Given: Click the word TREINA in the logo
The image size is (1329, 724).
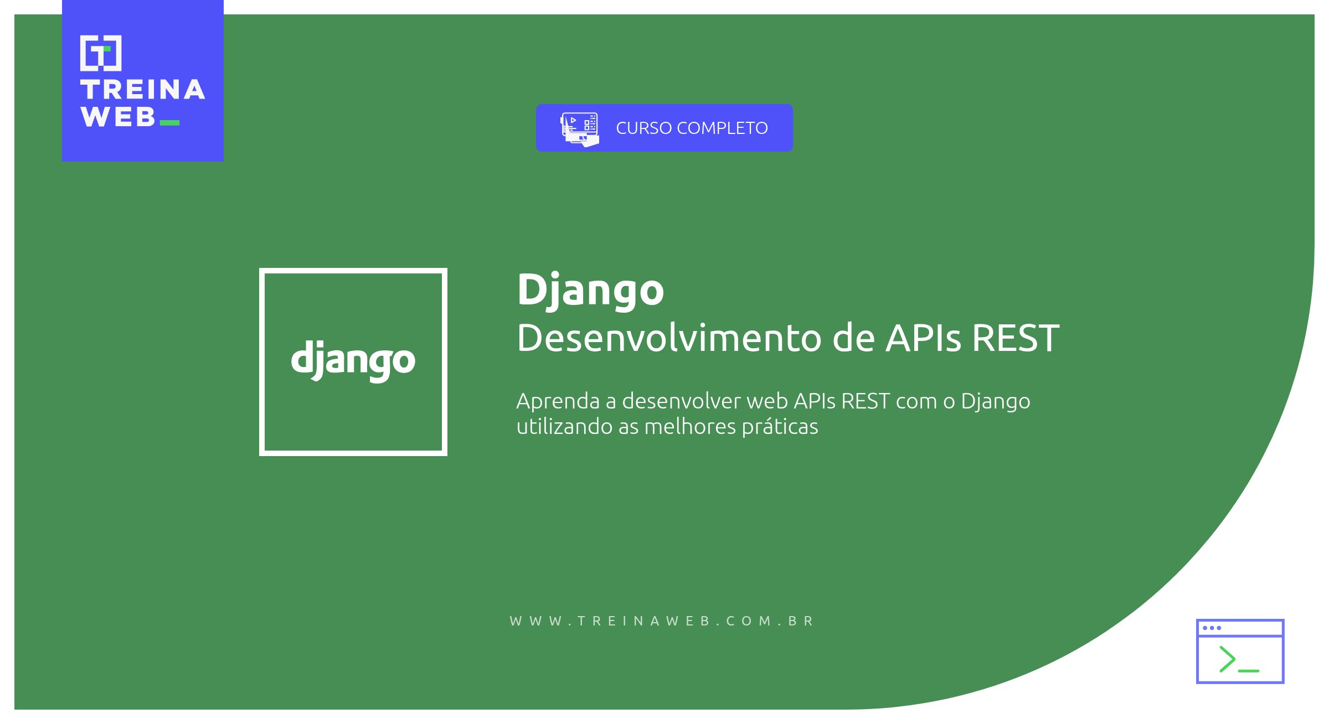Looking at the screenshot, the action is click(143, 90).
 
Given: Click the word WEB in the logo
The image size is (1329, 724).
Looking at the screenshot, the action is click(118, 117).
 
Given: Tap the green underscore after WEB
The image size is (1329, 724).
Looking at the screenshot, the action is click(169, 123).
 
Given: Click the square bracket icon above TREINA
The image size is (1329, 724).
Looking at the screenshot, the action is click(101, 53).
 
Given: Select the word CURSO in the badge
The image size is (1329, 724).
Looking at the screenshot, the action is click(644, 128).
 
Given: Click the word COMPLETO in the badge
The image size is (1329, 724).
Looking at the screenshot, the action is click(723, 128).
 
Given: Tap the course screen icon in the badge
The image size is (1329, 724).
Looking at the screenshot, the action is click(580, 130).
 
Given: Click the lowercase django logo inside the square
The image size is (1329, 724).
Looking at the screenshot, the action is click(353, 360).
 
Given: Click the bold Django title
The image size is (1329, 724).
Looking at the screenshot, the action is click(590, 290).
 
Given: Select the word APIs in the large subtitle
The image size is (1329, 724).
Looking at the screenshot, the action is click(923, 338).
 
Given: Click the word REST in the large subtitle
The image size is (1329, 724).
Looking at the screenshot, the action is click(1016, 338).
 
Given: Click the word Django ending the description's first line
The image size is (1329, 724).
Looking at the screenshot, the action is click(996, 401).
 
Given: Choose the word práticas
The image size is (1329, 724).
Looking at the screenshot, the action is click(780, 427).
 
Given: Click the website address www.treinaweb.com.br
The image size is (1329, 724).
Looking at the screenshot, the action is click(662, 621).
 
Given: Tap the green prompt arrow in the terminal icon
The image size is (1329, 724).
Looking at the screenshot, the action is click(1227, 659).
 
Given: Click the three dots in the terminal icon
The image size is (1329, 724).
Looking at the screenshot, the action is click(1212, 628).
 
